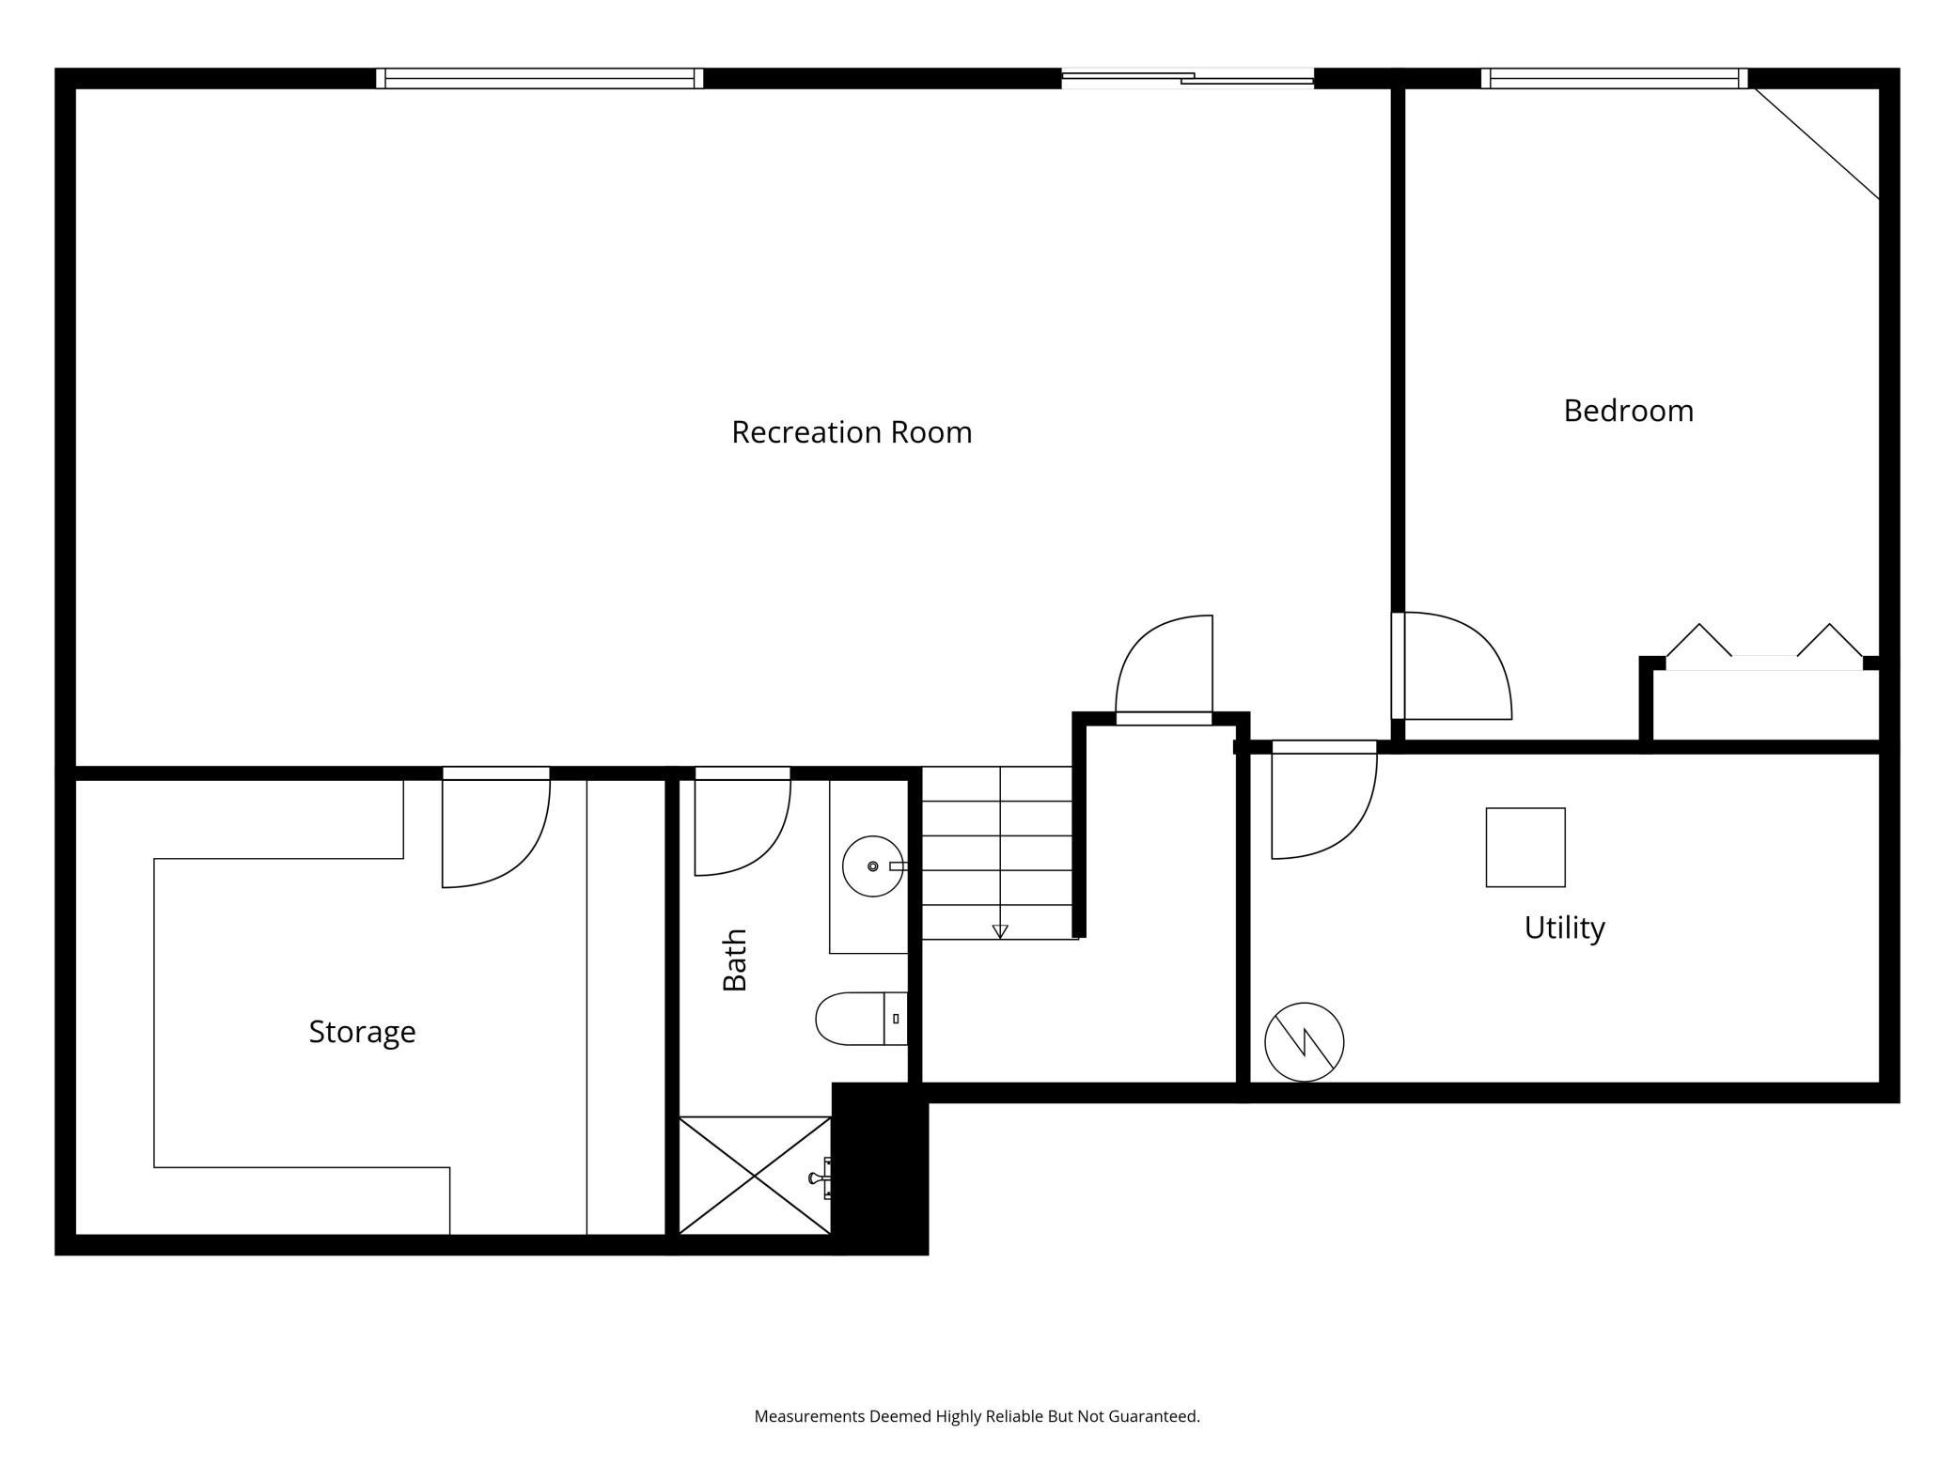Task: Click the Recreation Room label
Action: [852, 432]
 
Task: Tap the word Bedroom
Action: [1628, 411]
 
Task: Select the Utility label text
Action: [1564, 928]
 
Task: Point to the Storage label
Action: [362, 1032]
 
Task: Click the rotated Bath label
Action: [735, 959]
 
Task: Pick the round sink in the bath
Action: [872, 866]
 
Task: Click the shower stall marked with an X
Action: [755, 1175]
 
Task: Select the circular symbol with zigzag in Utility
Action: [1304, 1042]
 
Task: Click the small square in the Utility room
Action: [1525, 847]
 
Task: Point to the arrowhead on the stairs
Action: [1000, 931]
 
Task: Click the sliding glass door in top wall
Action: [1187, 78]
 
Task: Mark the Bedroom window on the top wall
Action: [1614, 78]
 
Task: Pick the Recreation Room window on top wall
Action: [540, 78]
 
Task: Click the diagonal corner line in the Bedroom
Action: [1816, 143]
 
